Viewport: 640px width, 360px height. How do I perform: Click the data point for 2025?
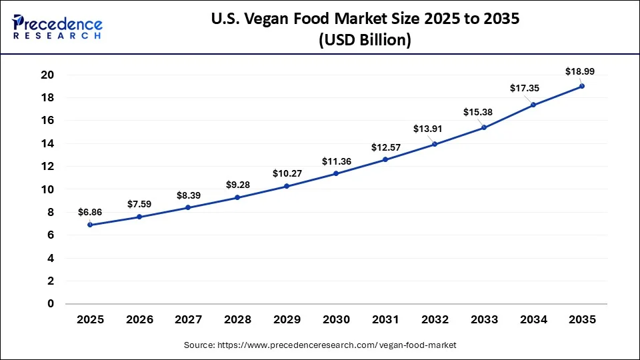90,225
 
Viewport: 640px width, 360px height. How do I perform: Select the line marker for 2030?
336,173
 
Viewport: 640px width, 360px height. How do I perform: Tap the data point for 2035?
582,86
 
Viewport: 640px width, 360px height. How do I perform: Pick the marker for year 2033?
483,127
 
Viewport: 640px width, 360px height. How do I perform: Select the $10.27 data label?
287,173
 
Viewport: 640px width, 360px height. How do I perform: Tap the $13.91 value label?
435,128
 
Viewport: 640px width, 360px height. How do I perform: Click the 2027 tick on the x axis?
188,320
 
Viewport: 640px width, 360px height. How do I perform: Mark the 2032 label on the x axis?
434,320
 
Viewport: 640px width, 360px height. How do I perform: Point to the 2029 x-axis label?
287,320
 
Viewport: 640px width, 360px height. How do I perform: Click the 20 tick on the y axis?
47,75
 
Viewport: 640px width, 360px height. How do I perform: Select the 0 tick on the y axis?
51,304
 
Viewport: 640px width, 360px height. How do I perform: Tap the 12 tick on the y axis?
47,167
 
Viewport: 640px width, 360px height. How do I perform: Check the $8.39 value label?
189,195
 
